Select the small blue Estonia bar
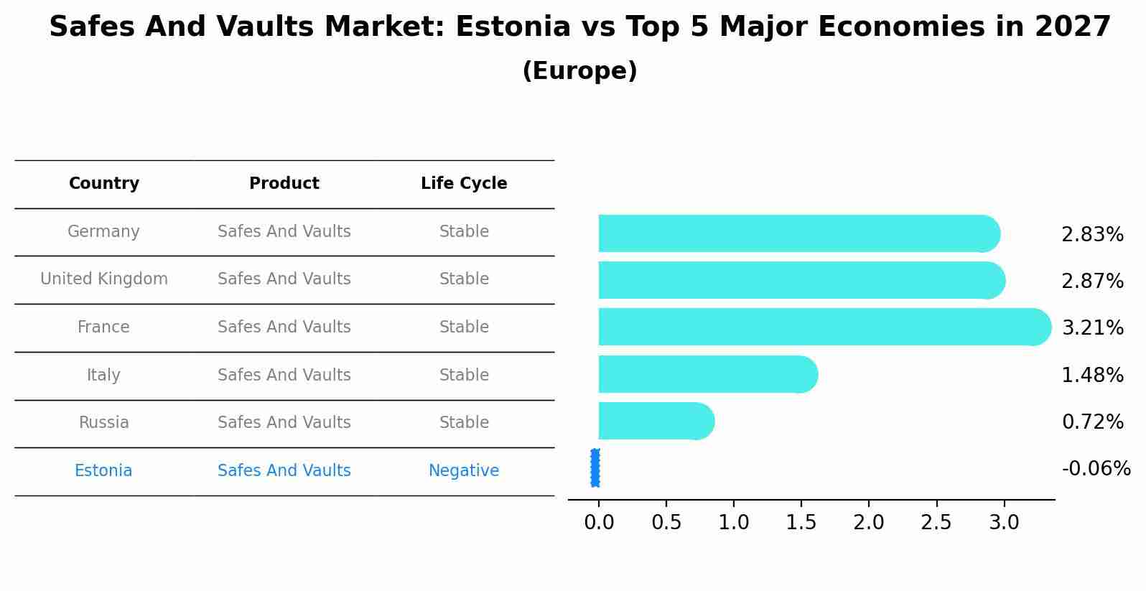point(595,467)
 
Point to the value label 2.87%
point(1092,281)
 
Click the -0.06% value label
point(1096,469)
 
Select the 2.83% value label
point(1092,235)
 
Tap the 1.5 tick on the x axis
point(801,523)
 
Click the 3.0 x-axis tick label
point(1004,523)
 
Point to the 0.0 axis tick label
point(599,523)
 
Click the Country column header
point(104,184)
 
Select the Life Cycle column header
point(464,184)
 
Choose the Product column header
point(284,184)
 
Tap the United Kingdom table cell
point(104,279)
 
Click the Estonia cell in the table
point(103,471)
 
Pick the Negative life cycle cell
point(464,471)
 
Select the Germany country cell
point(103,232)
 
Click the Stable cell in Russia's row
point(464,423)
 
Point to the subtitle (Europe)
point(579,71)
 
